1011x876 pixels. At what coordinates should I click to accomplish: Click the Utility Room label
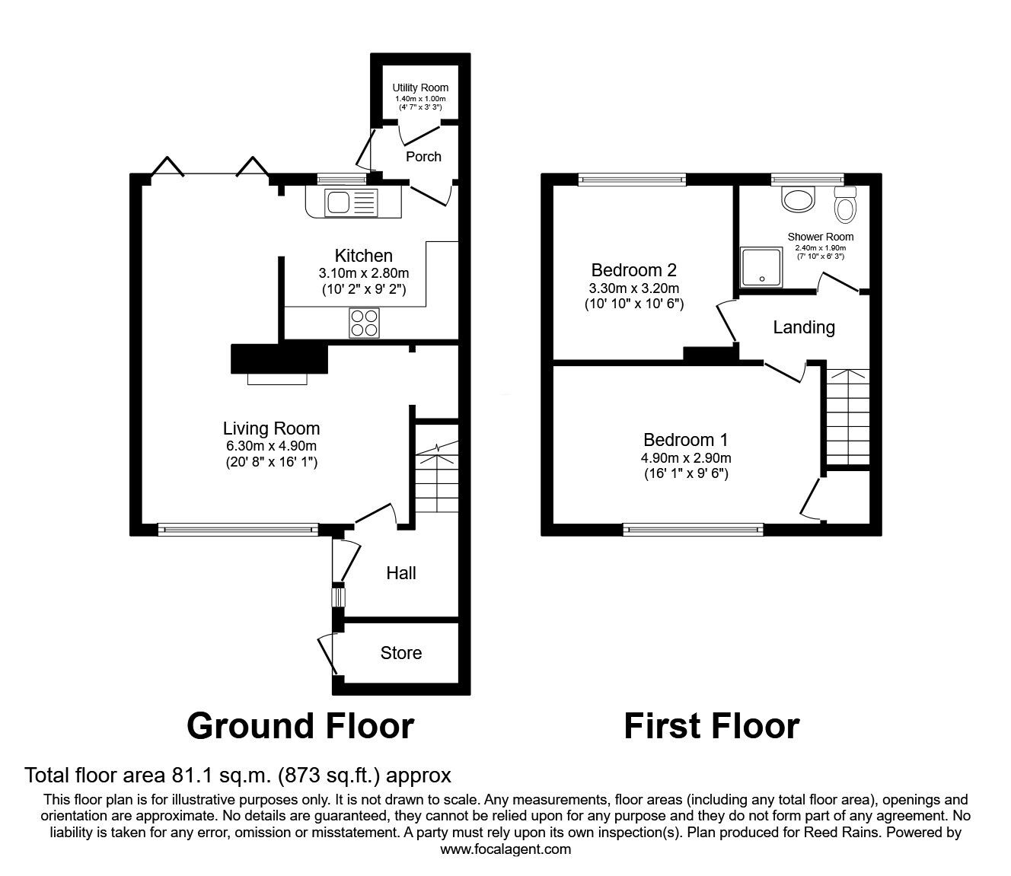click(x=420, y=88)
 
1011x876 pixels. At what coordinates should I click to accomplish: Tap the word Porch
click(x=423, y=156)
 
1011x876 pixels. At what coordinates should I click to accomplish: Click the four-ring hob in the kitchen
click(x=364, y=323)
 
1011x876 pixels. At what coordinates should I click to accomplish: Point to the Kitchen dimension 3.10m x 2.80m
click(x=364, y=273)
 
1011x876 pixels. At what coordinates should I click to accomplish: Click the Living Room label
click(x=271, y=428)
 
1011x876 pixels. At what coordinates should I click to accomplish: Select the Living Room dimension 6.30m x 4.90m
click(x=271, y=446)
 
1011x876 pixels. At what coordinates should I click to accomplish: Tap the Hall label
click(x=400, y=573)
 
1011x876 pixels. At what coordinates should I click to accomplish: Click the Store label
click(x=400, y=653)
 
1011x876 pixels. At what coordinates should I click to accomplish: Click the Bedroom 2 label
click(x=633, y=270)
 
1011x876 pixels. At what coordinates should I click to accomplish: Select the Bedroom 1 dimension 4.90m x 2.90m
click(x=686, y=458)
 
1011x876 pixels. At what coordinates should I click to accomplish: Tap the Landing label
click(x=804, y=327)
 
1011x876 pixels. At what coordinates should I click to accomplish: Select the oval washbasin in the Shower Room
click(x=799, y=200)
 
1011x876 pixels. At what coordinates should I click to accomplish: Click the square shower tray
click(x=761, y=268)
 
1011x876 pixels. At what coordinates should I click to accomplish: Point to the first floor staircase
click(x=847, y=415)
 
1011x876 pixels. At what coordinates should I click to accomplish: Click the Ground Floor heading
click(x=300, y=726)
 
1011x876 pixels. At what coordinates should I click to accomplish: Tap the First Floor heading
click(x=711, y=726)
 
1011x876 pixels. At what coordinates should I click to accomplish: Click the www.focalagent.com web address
click(x=505, y=849)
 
